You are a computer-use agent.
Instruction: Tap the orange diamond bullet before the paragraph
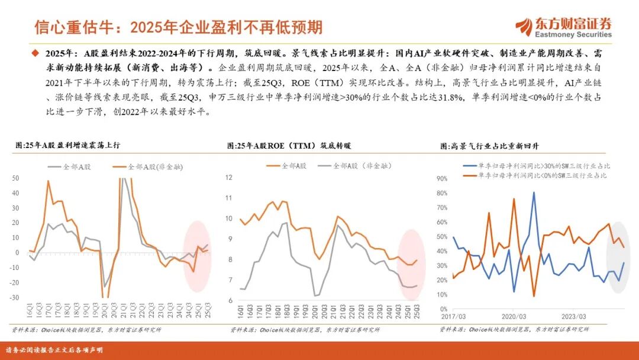(x=34, y=53)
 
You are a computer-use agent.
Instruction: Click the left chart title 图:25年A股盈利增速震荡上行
(x=71, y=144)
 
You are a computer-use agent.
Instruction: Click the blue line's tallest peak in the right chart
(x=534, y=192)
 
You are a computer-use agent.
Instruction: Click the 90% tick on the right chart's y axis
(x=441, y=178)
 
